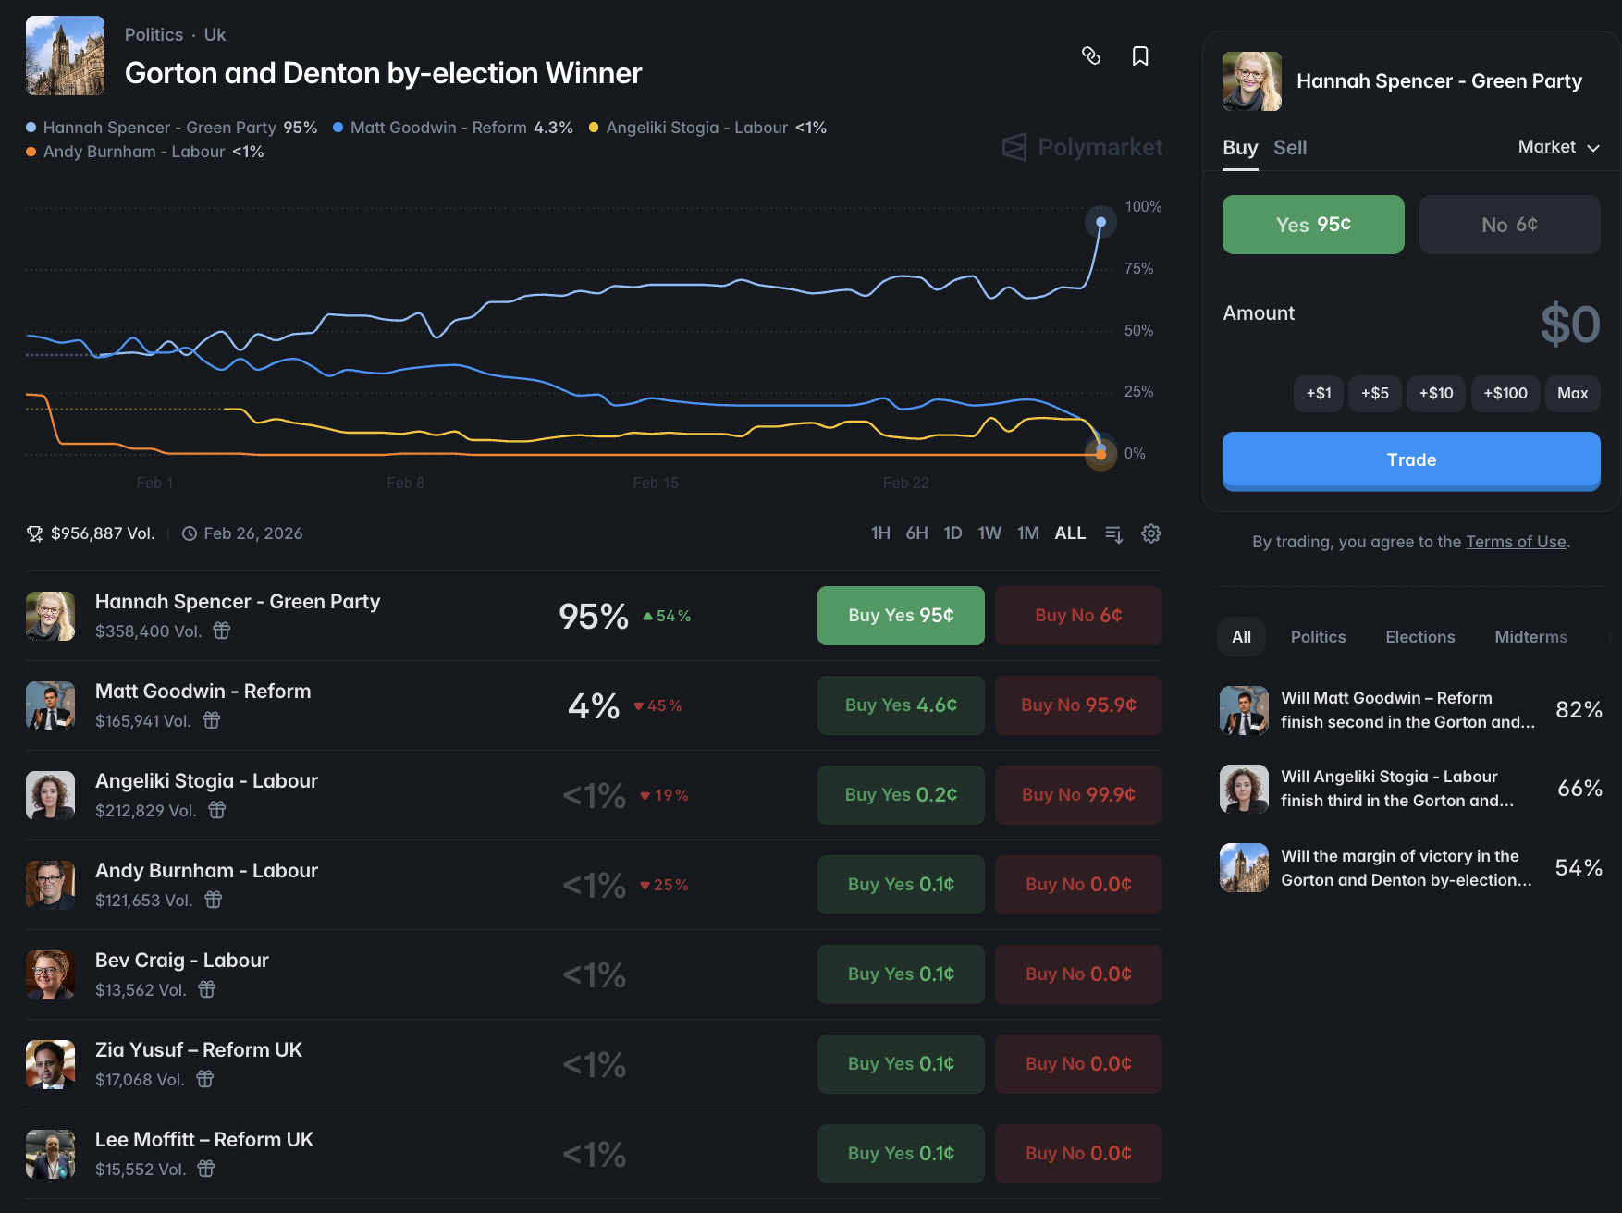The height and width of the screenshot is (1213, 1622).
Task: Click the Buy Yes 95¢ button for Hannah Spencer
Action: click(901, 616)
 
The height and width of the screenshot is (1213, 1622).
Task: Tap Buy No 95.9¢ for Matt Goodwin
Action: click(1078, 705)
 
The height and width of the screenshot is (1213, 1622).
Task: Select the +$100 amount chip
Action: click(1505, 393)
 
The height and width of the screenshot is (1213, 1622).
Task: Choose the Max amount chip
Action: click(1572, 393)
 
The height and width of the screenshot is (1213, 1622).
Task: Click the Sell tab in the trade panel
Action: click(1289, 148)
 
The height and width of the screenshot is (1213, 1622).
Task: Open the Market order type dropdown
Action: click(1558, 147)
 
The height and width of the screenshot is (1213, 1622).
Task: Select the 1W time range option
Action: click(989, 533)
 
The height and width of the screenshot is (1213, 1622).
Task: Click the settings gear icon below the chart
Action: click(1151, 533)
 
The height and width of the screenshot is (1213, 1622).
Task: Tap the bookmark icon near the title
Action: click(1140, 56)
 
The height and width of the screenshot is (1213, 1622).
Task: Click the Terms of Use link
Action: click(1516, 542)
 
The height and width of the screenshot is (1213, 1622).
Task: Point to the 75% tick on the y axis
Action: click(1138, 269)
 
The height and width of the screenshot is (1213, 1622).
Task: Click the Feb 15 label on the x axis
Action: click(656, 483)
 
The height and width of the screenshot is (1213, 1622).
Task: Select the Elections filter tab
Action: click(1419, 637)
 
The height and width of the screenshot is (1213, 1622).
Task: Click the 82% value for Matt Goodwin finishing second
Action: click(1579, 710)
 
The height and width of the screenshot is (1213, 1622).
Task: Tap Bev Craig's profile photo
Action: click(50, 974)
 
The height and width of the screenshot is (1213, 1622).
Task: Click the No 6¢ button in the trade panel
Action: click(1509, 225)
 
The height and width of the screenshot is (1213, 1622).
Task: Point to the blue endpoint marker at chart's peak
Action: click(1100, 222)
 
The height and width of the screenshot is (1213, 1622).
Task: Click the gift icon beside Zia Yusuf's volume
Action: click(205, 1079)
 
